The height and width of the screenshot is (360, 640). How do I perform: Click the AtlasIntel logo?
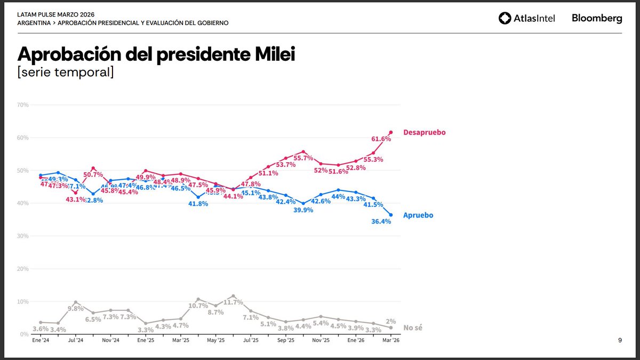(x=527, y=18)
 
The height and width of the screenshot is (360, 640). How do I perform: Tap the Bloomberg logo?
(x=597, y=18)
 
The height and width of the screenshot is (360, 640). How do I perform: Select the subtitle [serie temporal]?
(x=66, y=72)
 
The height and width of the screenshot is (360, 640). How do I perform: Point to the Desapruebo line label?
(x=424, y=132)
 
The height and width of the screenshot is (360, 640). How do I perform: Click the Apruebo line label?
(x=418, y=215)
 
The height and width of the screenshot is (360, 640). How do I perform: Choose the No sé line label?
(x=412, y=328)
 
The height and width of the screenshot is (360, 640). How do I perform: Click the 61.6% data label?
(x=381, y=139)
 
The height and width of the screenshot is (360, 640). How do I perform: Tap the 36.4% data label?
(x=381, y=221)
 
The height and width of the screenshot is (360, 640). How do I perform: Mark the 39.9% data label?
(x=302, y=210)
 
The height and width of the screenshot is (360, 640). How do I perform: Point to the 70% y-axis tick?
(x=23, y=105)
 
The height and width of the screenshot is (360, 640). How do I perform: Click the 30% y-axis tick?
(x=23, y=236)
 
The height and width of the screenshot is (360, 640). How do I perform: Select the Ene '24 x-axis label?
(x=41, y=340)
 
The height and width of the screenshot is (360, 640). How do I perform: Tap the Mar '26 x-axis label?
(x=390, y=340)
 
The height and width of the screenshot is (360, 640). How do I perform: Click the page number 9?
(x=620, y=340)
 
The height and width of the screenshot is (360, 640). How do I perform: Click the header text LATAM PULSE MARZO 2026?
(x=56, y=14)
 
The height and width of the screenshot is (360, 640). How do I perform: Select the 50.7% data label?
(x=94, y=174)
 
